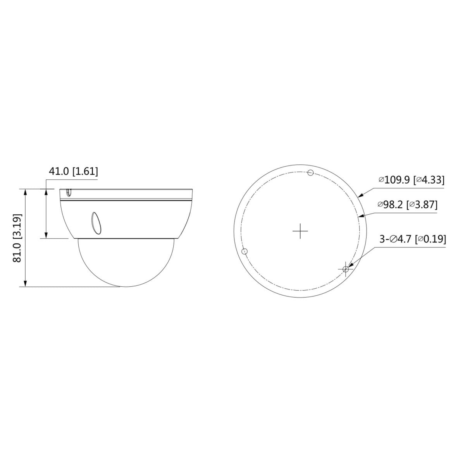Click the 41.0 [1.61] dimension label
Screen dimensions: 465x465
(x=73, y=171)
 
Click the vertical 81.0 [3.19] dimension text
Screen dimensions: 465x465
(x=17, y=238)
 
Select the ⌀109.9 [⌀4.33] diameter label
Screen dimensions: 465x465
(x=411, y=180)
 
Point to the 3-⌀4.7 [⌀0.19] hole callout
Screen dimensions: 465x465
(x=412, y=239)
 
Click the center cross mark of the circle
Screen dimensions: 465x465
(x=300, y=231)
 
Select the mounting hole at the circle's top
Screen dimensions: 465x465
(x=310, y=173)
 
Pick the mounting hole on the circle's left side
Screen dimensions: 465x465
(x=244, y=251)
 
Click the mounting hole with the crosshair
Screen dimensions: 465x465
(x=346, y=269)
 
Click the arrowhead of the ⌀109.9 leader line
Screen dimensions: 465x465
(x=360, y=196)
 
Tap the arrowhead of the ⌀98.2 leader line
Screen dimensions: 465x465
(x=361, y=217)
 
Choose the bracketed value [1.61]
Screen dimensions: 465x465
(x=85, y=171)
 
